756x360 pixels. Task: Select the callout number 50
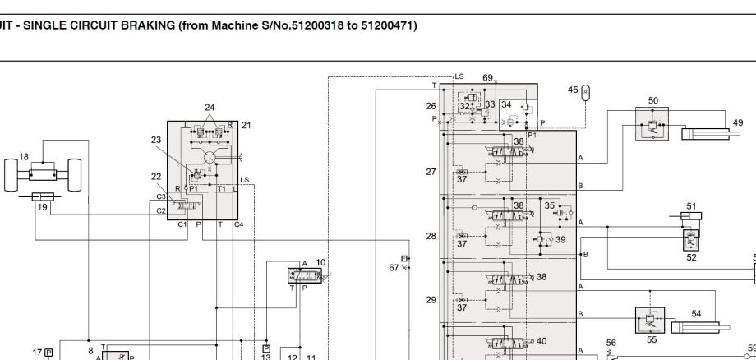653,101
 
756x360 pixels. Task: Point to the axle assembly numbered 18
43,174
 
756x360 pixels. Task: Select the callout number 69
487,78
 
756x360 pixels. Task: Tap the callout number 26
431,105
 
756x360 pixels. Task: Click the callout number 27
431,172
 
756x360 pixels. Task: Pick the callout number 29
431,300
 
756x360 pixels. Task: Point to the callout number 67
394,267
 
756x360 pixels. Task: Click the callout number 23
156,140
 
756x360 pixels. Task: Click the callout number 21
246,125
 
